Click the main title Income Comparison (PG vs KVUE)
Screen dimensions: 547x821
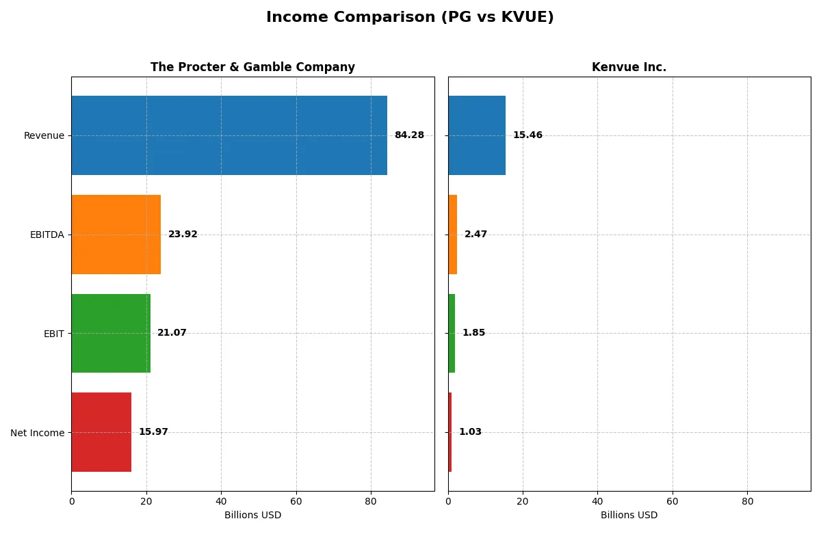pos(410,18)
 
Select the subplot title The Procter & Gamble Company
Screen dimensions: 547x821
pos(252,67)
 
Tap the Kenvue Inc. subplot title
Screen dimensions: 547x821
pos(629,67)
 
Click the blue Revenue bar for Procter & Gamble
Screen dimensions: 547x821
pos(229,135)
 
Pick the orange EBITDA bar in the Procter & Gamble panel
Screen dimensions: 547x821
pos(116,235)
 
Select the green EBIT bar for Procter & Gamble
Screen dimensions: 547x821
pos(110,333)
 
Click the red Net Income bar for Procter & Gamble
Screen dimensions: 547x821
pos(101,432)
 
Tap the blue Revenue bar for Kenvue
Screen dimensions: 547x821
pos(477,135)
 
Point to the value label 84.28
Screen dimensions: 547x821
pos(409,135)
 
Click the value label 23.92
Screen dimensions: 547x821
pos(183,235)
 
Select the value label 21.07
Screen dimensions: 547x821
pos(172,333)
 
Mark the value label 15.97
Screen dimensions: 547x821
pos(153,432)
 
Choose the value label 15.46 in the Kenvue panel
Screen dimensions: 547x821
pos(527,135)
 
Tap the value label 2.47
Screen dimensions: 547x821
pos(475,235)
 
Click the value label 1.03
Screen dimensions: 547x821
pos(470,432)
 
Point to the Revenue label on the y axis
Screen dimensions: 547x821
pos(44,135)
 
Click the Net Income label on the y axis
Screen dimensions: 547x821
pos(38,433)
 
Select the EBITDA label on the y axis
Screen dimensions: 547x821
pos(47,235)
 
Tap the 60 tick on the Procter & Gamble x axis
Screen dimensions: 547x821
pos(296,501)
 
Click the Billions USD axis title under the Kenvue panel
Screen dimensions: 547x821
pos(629,516)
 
